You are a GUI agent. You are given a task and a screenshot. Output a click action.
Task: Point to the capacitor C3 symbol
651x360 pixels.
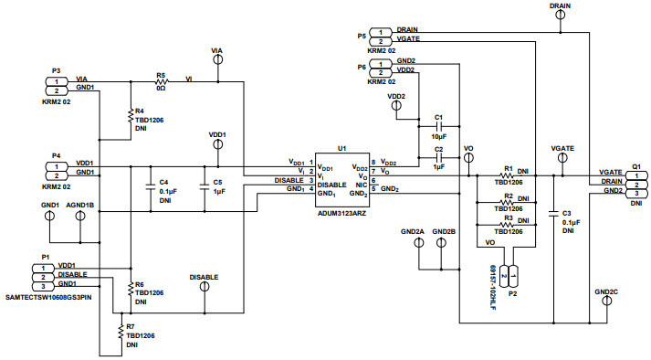(553, 215)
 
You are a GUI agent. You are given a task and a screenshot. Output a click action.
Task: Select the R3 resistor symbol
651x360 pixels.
(508, 224)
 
